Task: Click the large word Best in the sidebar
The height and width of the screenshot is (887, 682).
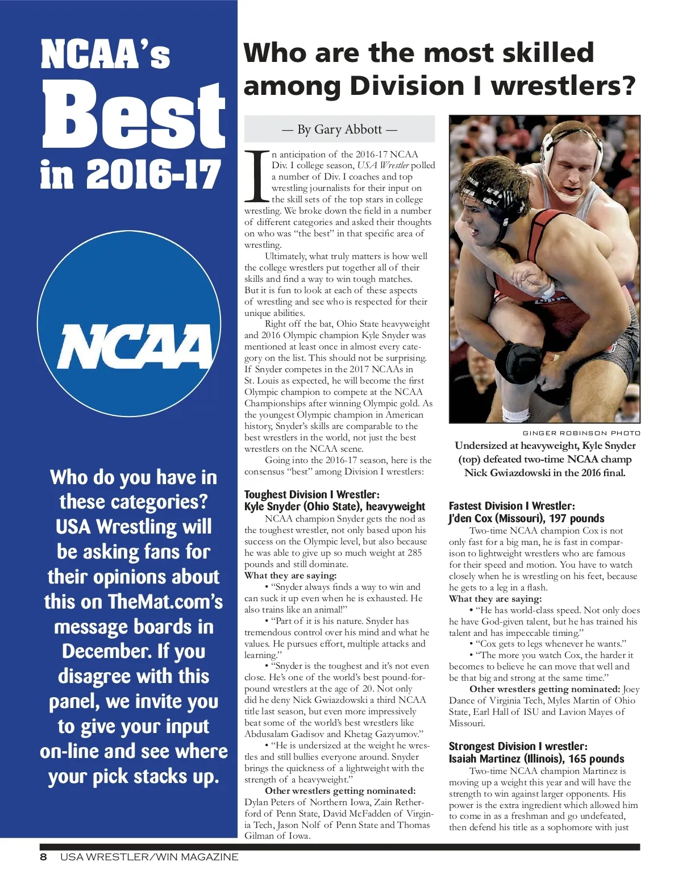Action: coord(134,114)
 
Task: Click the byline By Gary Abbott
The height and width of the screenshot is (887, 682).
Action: coord(339,130)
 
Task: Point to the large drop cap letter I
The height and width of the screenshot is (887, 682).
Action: coord(256,177)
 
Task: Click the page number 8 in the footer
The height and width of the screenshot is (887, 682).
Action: coord(43,857)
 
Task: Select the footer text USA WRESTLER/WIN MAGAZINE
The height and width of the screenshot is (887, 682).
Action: coord(149,857)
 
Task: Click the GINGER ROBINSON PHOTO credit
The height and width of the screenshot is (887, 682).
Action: coord(581,433)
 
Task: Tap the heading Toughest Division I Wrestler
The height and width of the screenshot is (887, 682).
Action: coord(312,494)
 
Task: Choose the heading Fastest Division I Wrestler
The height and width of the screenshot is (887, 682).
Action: coord(511,506)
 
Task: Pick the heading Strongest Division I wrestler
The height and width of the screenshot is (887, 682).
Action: coord(518,746)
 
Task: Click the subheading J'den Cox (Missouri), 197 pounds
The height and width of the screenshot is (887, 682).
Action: coord(526,518)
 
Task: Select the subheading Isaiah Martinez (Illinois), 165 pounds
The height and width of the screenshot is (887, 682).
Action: coord(536,759)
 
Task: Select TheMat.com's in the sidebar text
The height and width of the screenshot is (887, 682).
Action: coord(165,601)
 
